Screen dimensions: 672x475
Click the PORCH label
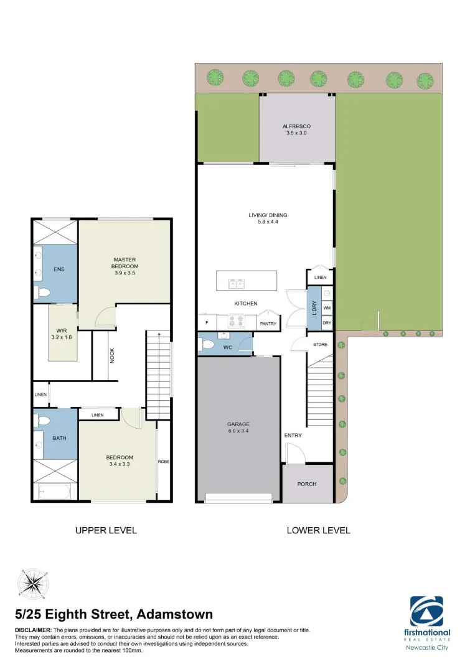coord(307,483)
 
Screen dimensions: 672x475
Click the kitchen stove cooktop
coord(237,322)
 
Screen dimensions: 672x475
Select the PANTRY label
coord(268,324)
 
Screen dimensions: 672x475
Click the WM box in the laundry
coord(327,308)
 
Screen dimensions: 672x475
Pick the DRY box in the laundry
coord(327,322)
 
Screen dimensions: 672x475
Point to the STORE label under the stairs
coord(320,344)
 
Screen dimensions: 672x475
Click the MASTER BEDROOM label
coord(125,263)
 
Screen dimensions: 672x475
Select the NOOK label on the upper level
coord(112,355)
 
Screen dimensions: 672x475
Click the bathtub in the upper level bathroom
coord(55,491)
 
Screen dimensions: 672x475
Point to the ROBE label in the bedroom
coord(163,462)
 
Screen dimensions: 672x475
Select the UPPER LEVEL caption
coord(106,530)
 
